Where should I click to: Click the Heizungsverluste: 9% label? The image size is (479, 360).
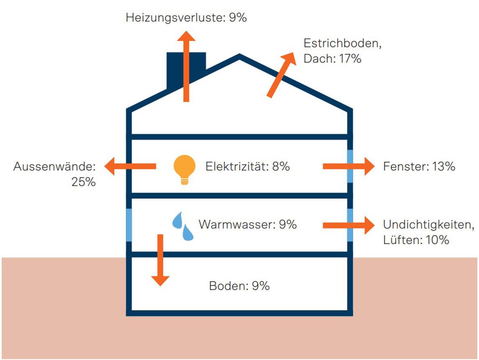pos(186,18)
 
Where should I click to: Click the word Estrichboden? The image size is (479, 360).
pos(343,44)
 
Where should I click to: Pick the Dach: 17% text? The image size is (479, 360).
pos(332,59)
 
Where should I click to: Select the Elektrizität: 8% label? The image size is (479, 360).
pos(248,167)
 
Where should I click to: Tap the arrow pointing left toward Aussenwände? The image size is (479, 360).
pos(130,167)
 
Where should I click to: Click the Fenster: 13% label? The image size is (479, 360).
pos(419,167)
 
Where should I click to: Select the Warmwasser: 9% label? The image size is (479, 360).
pos(248,224)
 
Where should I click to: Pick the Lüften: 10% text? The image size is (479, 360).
pos(416,240)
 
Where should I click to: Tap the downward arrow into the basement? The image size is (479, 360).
pos(160,260)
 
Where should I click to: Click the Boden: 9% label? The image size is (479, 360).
pos(239,286)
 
